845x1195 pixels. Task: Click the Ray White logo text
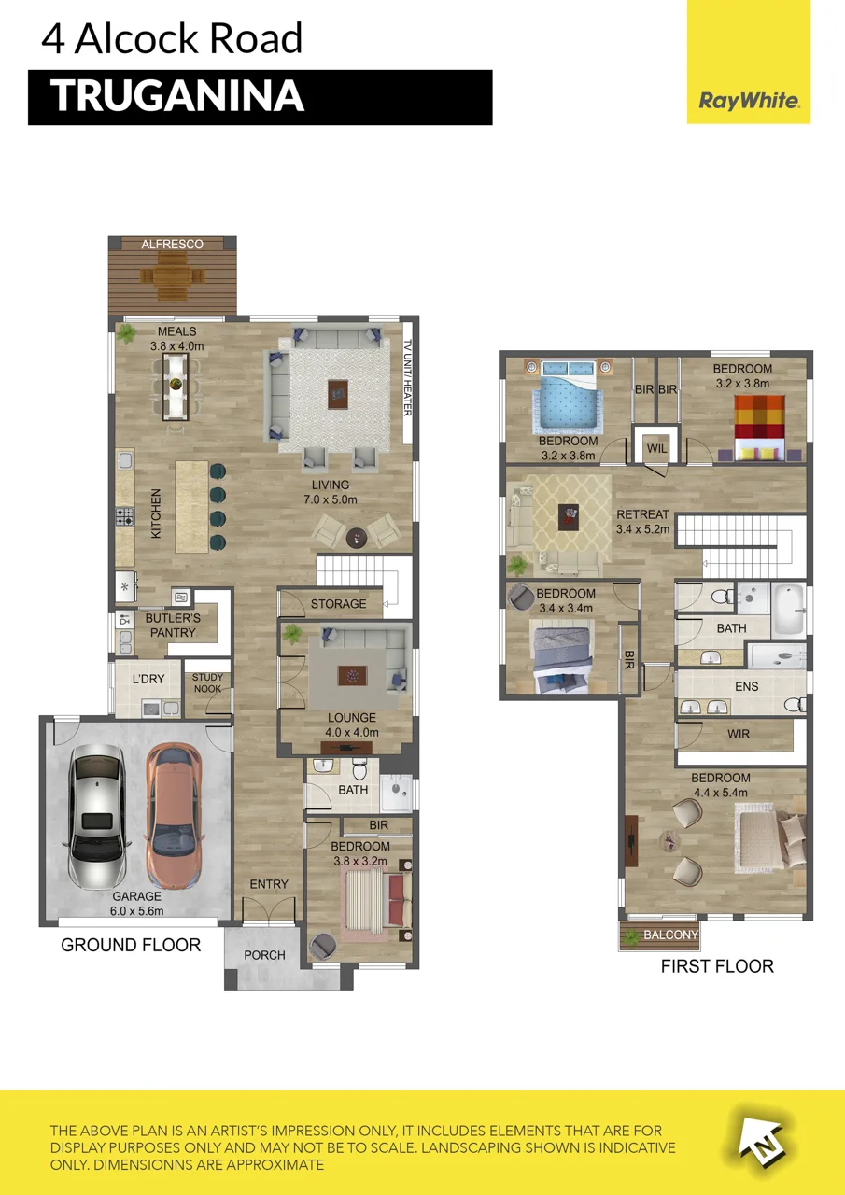coord(749,100)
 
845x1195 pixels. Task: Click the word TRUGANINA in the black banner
coord(177,96)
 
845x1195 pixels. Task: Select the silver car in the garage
coord(96,815)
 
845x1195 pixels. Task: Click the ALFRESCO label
coord(173,245)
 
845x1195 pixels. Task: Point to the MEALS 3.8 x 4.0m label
coord(177,339)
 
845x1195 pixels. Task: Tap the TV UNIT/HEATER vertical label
coord(408,378)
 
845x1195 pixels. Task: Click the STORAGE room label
coord(338,603)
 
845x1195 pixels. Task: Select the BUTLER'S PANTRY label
coord(173,626)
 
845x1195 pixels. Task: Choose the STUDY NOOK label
coord(207,682)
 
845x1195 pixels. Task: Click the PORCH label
coord(264,955)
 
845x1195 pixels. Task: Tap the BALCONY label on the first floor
coord(670,935)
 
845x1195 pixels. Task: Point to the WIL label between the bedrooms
coord(656,448)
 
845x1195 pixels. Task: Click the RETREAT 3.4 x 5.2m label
coord(642,522)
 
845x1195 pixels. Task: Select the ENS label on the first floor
coord(746,686)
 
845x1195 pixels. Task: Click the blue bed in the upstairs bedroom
coord(568,395)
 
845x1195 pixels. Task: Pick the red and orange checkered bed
coord(760,428)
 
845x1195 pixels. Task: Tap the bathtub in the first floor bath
coord(788,610)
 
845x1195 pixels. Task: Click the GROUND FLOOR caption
coord(131,945)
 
